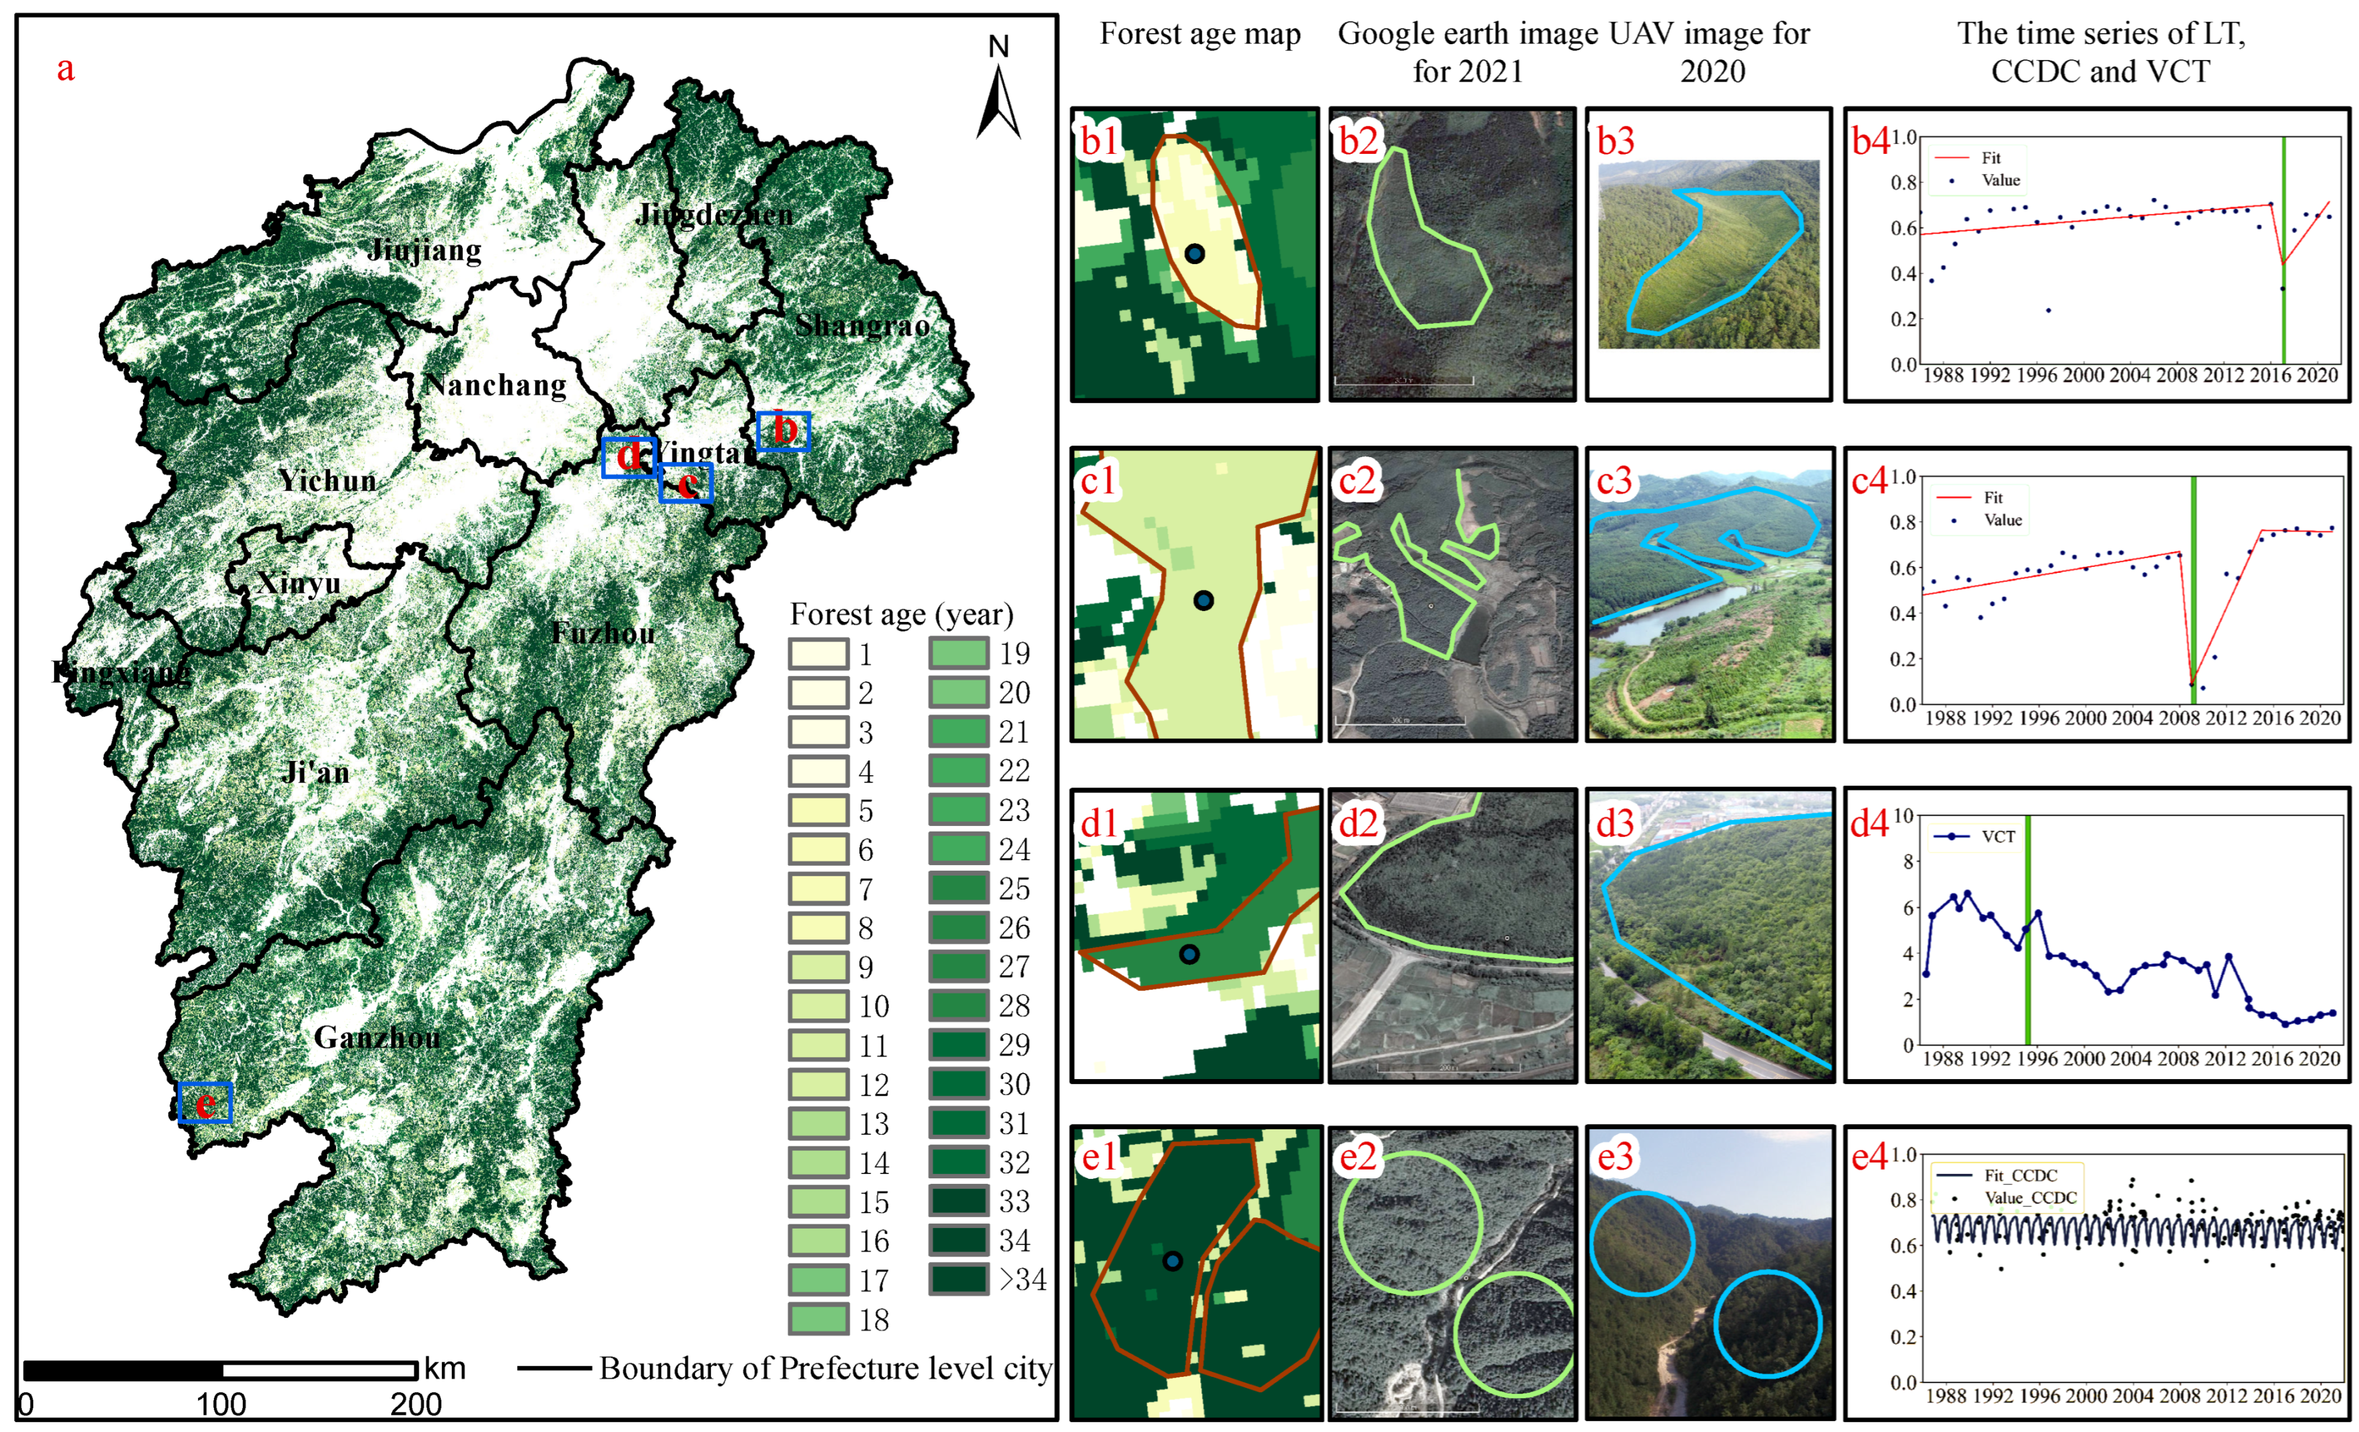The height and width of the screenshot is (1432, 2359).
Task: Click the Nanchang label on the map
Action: click(x=495, y=386)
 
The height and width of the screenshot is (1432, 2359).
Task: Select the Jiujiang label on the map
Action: click(x=424, y=251)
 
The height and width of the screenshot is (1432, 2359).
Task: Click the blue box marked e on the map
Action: click(x=205, y=1103)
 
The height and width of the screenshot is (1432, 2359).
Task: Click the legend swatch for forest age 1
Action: click(x=819, y=655)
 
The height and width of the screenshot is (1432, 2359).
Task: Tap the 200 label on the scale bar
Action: click(x=416, y=1404)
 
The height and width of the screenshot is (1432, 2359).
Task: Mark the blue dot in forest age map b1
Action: click(x=1195, y=254)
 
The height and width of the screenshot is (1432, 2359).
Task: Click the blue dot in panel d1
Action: click(x=1189, y=954)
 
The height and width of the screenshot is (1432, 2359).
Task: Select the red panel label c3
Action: click(x=1614, y=482)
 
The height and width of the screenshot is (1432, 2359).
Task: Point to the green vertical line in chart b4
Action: click(x=2284, y=249)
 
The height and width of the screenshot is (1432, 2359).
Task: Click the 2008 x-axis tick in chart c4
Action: click(x=2179, y=718)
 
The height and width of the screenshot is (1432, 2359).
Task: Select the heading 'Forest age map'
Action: click(x=1199, y=34)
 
